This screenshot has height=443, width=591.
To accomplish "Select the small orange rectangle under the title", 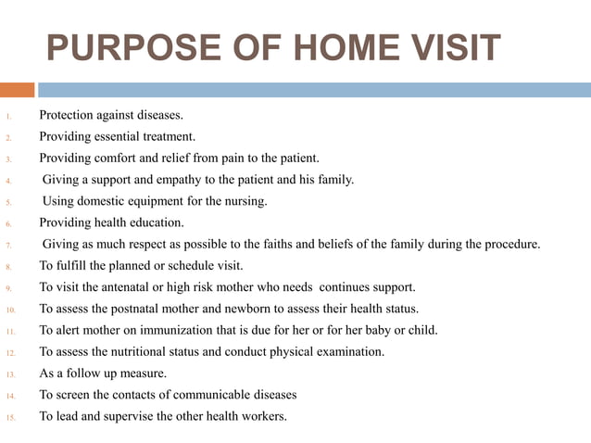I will pyautogui.click(x=17, y=90).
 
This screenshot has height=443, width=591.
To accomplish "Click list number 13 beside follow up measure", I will pyautogui.click(x=10, y=374).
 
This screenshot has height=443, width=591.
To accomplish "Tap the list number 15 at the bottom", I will pyautogui.click(x=10, y=417).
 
